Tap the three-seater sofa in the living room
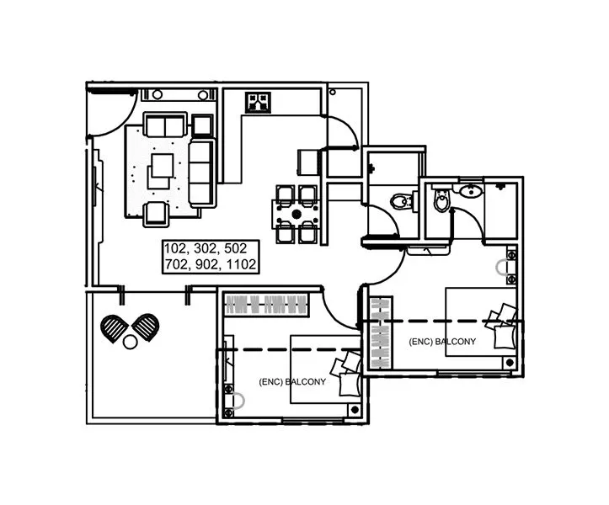point(201,173)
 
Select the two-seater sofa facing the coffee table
point(165,125)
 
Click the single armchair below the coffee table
point(156,213)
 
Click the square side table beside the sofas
point(202,125)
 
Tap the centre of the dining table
point(296,214)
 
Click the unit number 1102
point(236,264)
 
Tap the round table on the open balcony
point(130,343)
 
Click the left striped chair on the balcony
point(113,327)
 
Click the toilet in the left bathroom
point(403,199)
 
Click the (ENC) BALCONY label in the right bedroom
point(442,342)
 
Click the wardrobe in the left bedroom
point(265,304)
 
